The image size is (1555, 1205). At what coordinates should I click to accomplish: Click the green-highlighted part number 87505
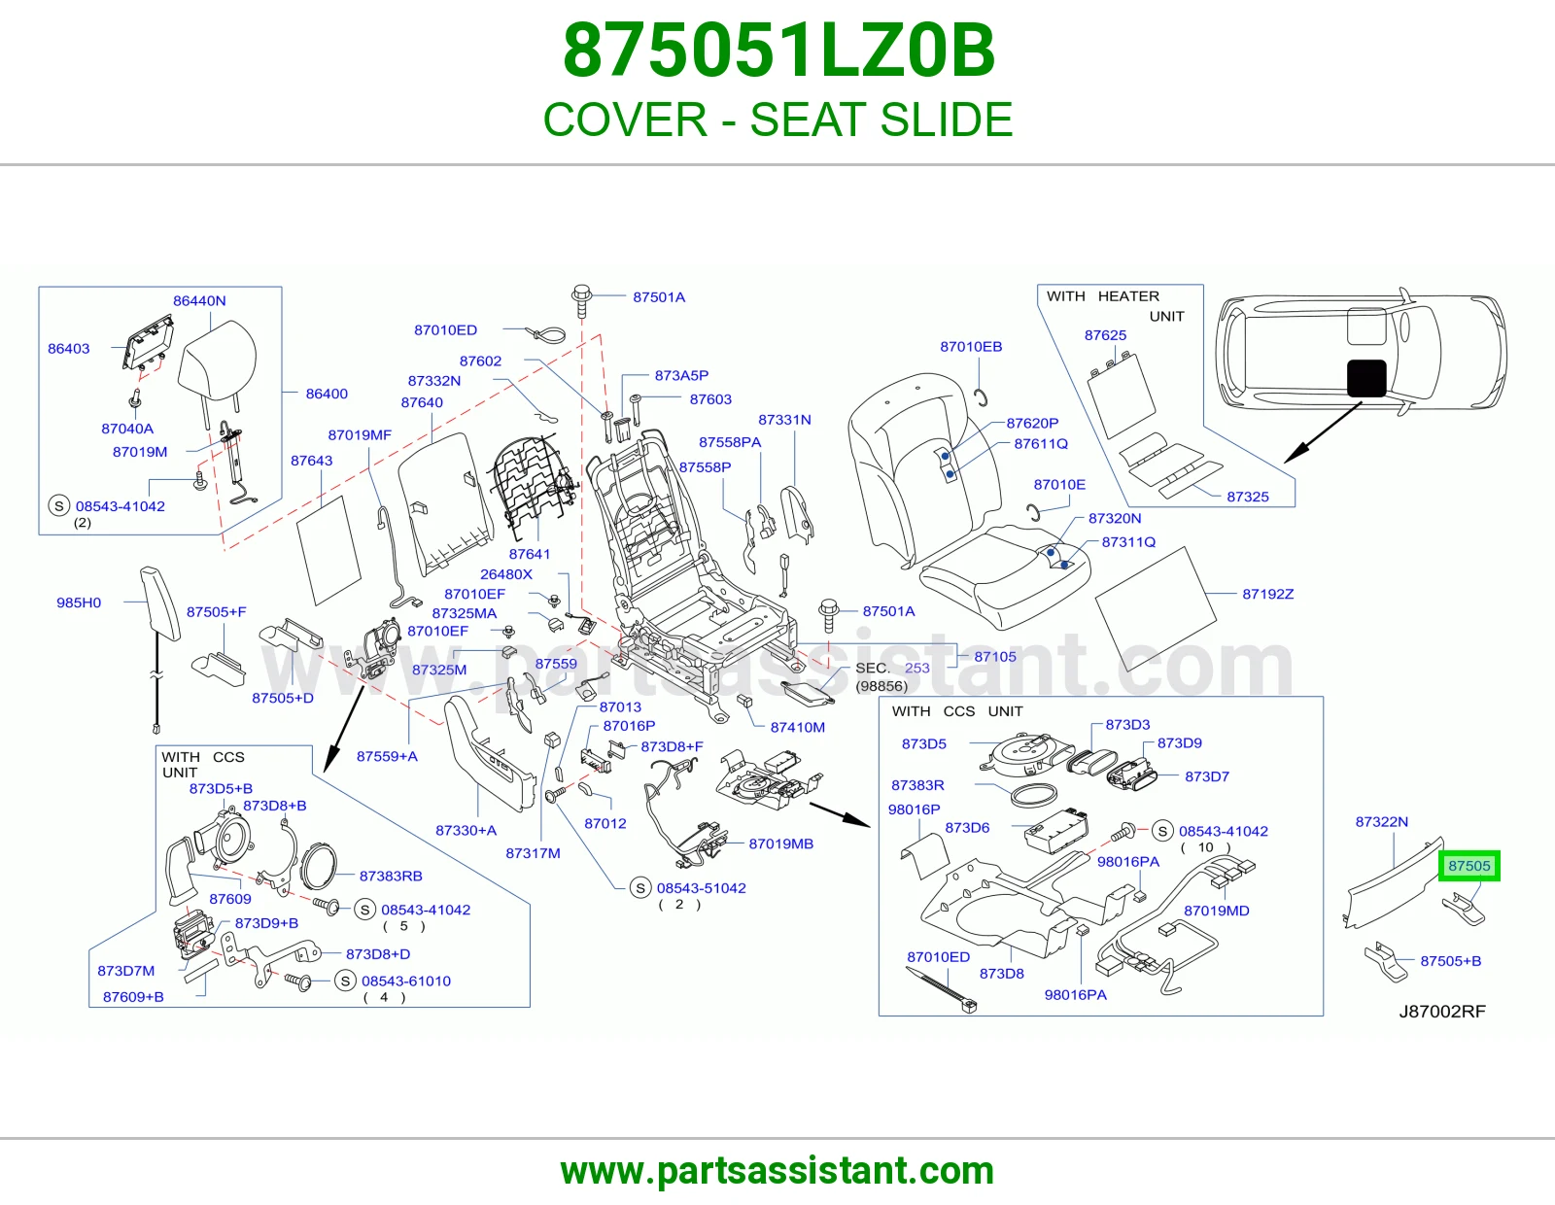[x=1469, y=866]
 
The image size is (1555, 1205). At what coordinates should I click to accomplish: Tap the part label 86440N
[x=199, y=300]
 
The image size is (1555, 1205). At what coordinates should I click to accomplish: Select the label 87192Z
[x=1268, y=594]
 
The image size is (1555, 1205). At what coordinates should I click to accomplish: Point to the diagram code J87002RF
[x=1442, y=1011]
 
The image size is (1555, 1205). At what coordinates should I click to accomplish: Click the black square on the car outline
[x=1366, y=378]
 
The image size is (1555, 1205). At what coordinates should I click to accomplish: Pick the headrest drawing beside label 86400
[x=217, y=357]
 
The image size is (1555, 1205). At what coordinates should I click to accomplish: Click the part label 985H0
[x=79, y=602]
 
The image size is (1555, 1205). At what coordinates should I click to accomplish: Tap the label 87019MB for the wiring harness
[x=780, y=843]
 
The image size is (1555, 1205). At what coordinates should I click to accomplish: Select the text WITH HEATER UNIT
[x=1115, y=305]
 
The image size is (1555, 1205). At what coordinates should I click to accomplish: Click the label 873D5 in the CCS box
[x=924, y=743]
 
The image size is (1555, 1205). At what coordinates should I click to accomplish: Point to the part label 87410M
[x=797, y=727]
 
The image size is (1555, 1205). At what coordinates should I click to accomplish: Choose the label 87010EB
[x=970, y=346]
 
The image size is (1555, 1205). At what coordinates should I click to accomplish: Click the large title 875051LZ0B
[x=778, y=51]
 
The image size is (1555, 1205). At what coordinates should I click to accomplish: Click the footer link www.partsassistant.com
[x=777, y=1171]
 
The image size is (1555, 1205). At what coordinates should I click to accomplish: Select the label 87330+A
[x=466, y=830]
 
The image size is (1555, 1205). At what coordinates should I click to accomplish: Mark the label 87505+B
[x=1450, y=961]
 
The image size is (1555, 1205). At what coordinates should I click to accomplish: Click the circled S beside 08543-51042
[x=640, y=888]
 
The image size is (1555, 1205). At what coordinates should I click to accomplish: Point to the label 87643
[x=311, y=460]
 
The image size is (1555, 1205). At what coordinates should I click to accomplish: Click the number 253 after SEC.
[x=916, y=668]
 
